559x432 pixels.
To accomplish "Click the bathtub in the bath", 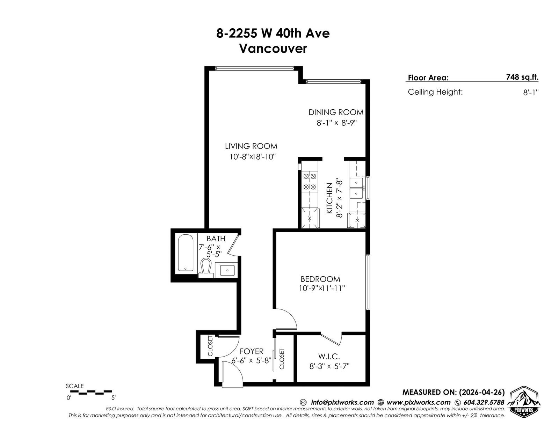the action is pyautogui.click(x=186, y=252).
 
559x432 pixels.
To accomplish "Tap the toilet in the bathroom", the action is pyautogui.click(x=206, y=268).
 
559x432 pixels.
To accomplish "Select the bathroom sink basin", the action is pyautogui.click(x=227, y=270).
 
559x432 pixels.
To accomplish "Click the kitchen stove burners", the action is pyautogui.click(x=310, y=182).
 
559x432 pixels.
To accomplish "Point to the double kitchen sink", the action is pyautogui.click(x=356, y=188).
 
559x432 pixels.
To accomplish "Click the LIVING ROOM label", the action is pyautogui.click(x=251, y=146).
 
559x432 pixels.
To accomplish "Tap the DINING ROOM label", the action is pyautogui.click(x=336, y=112).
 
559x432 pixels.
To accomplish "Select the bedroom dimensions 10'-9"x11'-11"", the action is pyautogui.click(x=321, y=288).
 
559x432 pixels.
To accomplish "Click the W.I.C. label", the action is pyautogui.click(x=329, y=357).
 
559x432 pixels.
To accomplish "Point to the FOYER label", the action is pyautogui.click(x=252, y=351).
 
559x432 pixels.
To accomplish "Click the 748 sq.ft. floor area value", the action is pyautogui.click(x=522, y=77).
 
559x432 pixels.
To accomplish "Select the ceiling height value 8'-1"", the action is pyautogui.click(x=531, y=92).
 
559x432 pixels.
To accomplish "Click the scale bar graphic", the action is pyautogui.click(x=91, y=393).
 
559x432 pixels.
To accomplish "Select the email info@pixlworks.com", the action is pyautogui.click(x=342, y=402).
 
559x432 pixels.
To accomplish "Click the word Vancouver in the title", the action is pyautogui.click(x=273, y=49).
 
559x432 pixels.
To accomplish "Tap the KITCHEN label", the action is pyautogui.click(x=329, y=198).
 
